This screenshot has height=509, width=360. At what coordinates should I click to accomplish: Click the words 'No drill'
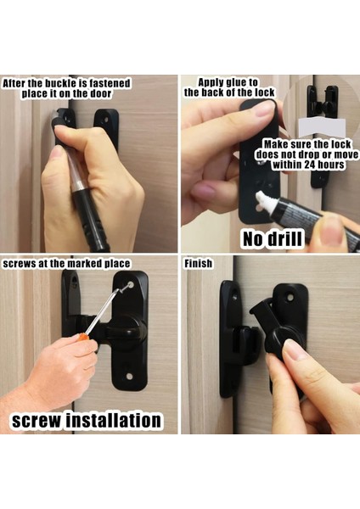point(273,239)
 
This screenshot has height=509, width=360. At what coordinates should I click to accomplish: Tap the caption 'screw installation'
point(87,420)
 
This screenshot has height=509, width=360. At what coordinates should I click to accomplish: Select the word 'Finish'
point(198,263)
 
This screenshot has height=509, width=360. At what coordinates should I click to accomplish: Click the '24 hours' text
point(324,165)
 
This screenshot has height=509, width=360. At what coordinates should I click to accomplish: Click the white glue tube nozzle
point(261,199)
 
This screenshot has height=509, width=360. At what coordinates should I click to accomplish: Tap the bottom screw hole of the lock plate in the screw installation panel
point(129,377)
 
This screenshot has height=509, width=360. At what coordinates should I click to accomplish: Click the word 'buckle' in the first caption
point(61,83)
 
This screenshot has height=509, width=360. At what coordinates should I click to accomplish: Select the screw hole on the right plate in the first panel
point(106,120)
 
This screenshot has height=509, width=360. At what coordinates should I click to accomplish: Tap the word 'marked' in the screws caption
point(84,263)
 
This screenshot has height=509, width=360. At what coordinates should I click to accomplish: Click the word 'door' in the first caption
point(100,94)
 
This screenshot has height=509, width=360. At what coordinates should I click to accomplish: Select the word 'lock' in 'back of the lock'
point(264,92)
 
